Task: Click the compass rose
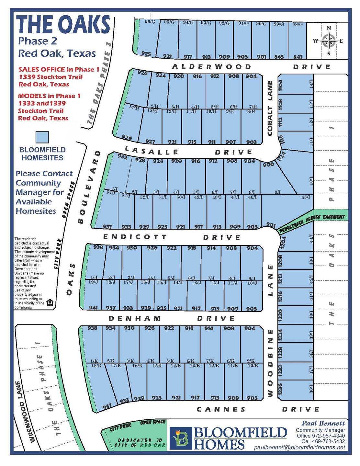(x=329, y=41)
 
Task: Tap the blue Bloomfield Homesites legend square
(x=42, y=137)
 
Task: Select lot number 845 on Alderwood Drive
(x=279, y=57)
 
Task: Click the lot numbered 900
(x=268, y=165)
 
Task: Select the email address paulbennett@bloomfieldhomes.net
(x=299, y=447)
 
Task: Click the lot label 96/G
(x=150, y=22)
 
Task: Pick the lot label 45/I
(x=306, y=197)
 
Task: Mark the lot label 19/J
(x=93, y=282)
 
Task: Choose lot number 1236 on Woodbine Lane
(x=280, y=389)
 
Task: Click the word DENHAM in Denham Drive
(x=135, y=318)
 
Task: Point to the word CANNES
(x=221, y=409)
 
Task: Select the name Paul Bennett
(x=323, y=423)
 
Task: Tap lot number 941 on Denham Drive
(x=93, y=308)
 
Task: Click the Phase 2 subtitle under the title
(x=38, y=41)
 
